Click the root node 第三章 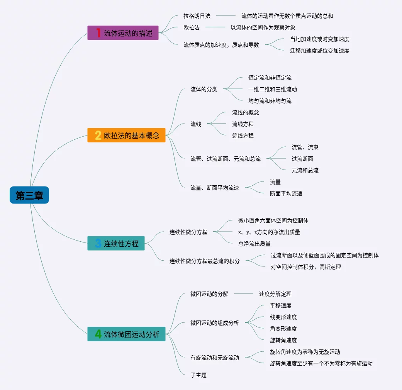pyautogui.click(x=29, y=195)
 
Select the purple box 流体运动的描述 pyautogui.click(x=123, y=33)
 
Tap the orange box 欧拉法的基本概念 pyautogui.click(x=126, y=135)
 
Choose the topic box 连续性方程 pyautogui.click(x=116, y=243)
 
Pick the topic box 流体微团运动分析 pyautogui.click(x=126, y=334)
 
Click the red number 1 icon pyautogui.click(x=98, y=33)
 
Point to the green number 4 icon pyautogui.click(x=98, y=334)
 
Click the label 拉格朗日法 pyautogui.click(x=197, y=16)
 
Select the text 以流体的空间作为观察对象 pyautogui.click(x=263, y=27)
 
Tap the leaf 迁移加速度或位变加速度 pyautogui.click(x=320, y=51)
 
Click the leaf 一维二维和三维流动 pyautogui.click(x=273, y=89)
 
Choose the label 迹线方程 pyautogui.click(x=243, y=136)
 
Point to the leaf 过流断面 pyautogui.click(x=302, y=159)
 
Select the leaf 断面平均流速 pyautogui.click(x=286, y=193)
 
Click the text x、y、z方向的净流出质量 pyautogui.click(x=269, y=232)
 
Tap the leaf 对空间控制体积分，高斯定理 pyautogui.click(x=306, y=267)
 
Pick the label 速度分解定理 pyautogui.click(x=275, y=294)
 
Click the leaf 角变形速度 pyautogui.click(x=283, y=329)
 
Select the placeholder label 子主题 pyautogui.click(x=198, y=375)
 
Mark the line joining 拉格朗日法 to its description pyautogui.click(x=226, y=16)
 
